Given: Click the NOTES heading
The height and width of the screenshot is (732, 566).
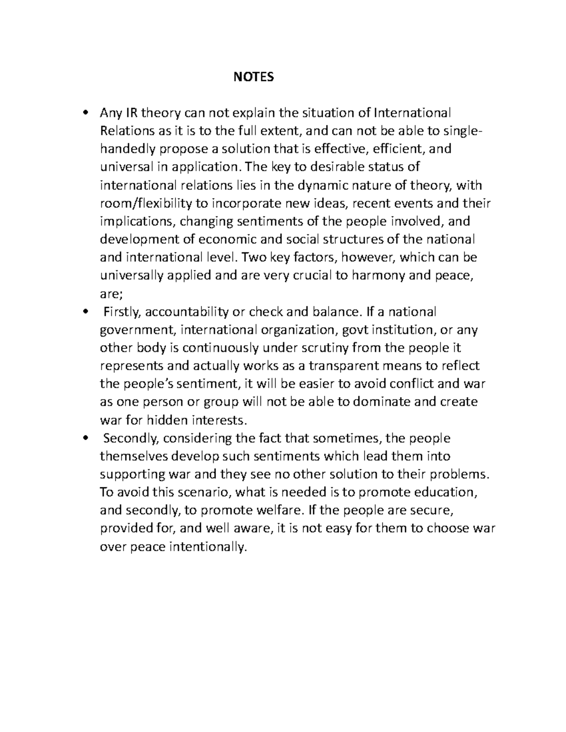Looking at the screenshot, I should click(253, 77).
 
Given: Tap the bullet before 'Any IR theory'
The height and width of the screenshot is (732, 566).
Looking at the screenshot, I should click(85, 113).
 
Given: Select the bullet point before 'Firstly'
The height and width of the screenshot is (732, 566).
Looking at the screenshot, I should click(85, 312).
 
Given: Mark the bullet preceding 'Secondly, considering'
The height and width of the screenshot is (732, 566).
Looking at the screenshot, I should click(85, 438).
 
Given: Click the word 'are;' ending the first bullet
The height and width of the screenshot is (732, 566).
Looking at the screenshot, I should click(111, 294).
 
